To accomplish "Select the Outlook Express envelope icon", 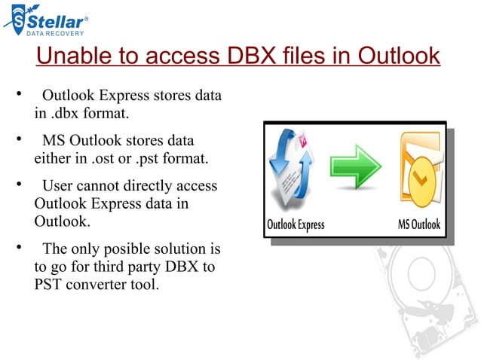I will (x=296, y=170).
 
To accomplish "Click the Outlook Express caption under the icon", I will (x=296, y=225).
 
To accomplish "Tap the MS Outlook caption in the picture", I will (x=418, y=225).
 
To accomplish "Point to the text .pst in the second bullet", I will (x=147, y=159).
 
